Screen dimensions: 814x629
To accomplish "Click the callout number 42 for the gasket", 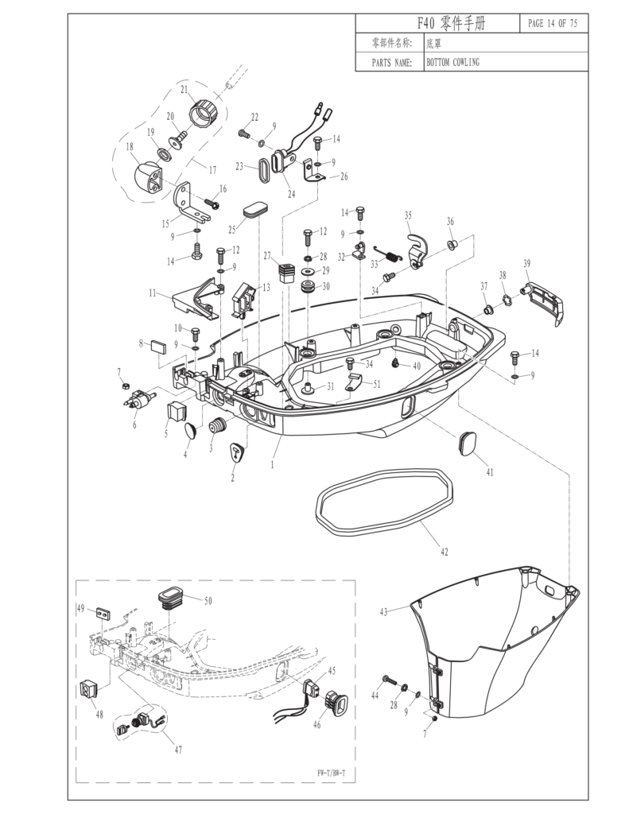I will (443, 551).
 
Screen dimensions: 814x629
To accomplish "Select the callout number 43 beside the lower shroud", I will (383, 611).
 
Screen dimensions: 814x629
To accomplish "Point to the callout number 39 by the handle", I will (526, 263).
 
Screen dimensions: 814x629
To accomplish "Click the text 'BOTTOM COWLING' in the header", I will (452, 62).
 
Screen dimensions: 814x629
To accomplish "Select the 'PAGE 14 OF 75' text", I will (553, 23).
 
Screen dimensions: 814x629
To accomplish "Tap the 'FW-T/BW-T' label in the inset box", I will (332, 770).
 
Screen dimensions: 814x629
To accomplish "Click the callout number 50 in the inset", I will (208, 601).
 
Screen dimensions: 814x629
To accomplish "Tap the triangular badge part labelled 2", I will (239, 452).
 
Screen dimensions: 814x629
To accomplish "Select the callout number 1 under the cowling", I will (272, 464).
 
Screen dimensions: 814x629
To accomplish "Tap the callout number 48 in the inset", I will (99, 714).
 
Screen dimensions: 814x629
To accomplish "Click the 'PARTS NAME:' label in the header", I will (391, 62).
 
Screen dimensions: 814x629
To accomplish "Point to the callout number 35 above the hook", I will (408, 215).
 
